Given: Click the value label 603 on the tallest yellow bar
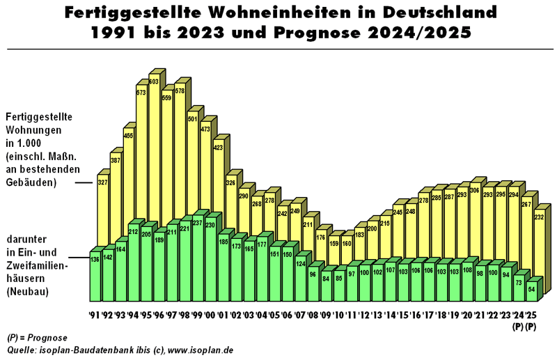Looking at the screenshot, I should [153, 82].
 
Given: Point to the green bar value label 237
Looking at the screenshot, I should [198, 223].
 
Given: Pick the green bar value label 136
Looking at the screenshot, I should [95, 260].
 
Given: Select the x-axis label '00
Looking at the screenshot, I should [210, 315].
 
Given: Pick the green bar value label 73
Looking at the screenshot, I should [518, 282].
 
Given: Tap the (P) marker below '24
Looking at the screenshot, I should [517, 325].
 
